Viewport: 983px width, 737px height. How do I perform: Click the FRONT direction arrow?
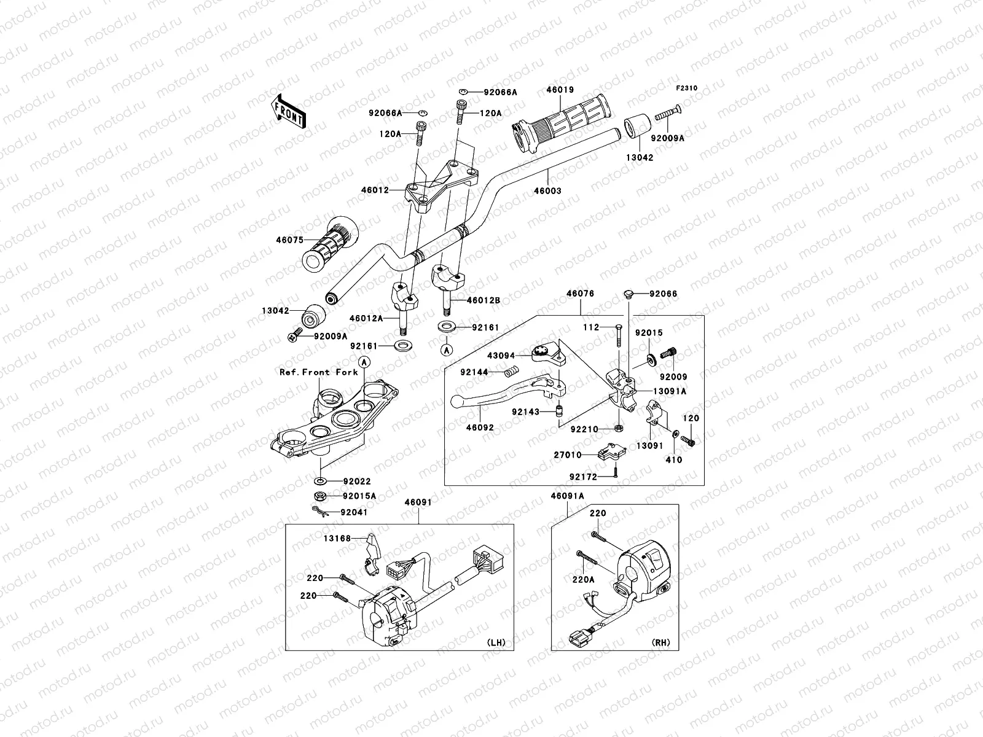pos(288,112)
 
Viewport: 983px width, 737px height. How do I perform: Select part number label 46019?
pos(560,90)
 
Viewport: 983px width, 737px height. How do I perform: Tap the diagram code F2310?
pos(686,88)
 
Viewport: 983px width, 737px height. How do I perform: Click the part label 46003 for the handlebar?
pos(547,190)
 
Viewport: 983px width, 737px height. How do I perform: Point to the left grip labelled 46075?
pos(330,244)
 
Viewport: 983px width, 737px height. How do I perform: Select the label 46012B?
pos(484,300)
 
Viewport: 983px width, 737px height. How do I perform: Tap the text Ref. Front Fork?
pos(318,372)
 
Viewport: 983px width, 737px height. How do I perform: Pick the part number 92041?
pos(354,512)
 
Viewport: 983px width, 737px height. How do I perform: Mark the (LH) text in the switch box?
pos(496,642)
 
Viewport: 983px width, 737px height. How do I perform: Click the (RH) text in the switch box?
pos(661,642)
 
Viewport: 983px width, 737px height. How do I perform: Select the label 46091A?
pos(568,496)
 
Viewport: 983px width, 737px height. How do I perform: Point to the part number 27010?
pos(568,454)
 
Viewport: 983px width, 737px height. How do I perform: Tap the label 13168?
pos(337,539)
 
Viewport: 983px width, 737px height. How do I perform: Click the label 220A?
pos(583,580)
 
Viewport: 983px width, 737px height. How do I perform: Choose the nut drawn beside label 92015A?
pos(319,496)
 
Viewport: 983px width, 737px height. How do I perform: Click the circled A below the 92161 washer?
pos(447,350)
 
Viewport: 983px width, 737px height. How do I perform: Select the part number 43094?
pos(501,356)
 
